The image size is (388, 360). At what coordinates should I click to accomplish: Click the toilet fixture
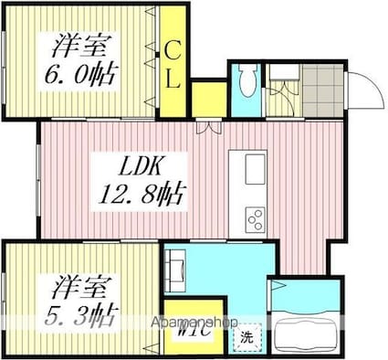pos(244,83)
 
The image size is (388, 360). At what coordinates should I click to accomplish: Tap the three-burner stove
pos(255,218)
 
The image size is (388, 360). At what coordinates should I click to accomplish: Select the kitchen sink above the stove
pos(255,168)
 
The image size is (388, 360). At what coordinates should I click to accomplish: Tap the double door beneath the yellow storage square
pos(208,127)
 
